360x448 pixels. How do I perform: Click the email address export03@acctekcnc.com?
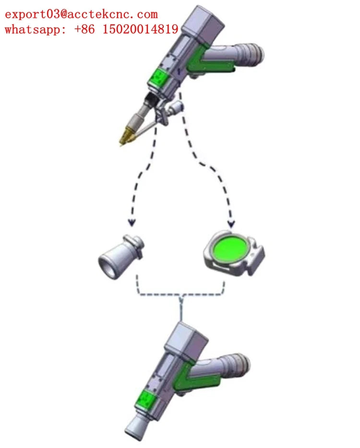pyautogui.click(x=82, y=14)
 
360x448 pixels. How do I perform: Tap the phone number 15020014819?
pyautogui.click(x=140, y=29)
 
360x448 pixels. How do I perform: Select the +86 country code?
pyautogui.click(x=84, y=29)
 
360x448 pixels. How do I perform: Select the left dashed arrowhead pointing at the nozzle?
pyautogui.click(x=132, y=222)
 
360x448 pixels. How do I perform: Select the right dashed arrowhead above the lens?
pyautogui.click(x=231, y=224)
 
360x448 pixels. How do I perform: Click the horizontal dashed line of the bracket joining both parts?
pyautogui.click(x=180, y=295)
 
